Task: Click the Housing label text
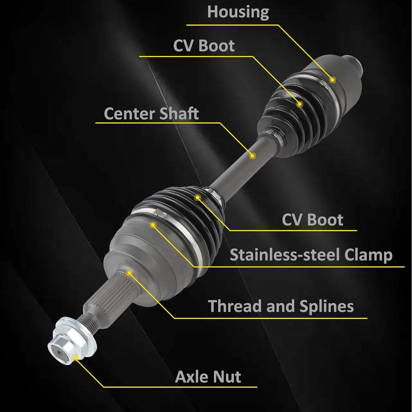tap(238, 12)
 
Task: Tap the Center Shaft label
tap(151, 113)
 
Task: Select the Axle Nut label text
tap(208, 377)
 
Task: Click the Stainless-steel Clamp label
tap(311, 255)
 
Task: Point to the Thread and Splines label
tap(281, 306)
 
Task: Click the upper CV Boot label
tap(204, 46)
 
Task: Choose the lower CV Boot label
tap(312, 220)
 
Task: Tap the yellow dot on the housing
tap(333, 80)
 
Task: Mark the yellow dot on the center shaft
tap(252, 156)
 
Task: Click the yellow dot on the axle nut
tap(75, 357)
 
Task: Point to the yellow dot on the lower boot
tap(198, 197)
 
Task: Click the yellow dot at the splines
tap(129, 273)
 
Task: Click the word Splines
tap(326, 306)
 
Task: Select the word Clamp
tap(368, 255)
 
